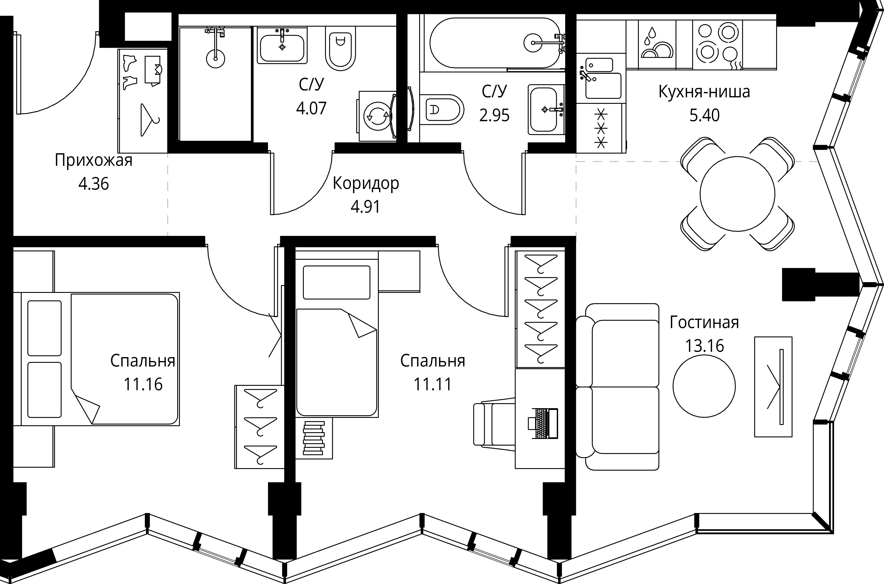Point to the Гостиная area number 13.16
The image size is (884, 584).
click(704, 346)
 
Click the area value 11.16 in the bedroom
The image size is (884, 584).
click(143, 384)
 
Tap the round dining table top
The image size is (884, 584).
click(737, 194)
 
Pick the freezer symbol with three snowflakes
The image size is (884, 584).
click(601, 128)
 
